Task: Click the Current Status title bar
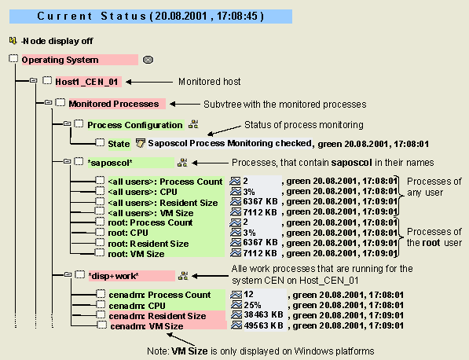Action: pyautogui.click(x=151, y=17)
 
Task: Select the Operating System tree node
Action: pyautogui.click(x=60, y=60)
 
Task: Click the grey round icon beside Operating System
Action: pyautogui.click(x=148, y=60)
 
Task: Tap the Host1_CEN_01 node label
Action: pyautogui.click(x=86, y=82)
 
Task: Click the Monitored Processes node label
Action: pyautogui.click(x=114, y=104)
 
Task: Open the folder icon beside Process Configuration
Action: pyautogui.click(x=68, y=123)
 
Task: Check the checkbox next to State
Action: pyautogui.click(x=100, y=143)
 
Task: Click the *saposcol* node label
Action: pyautogui.click(x=110, y=163)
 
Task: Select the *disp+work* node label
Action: pyautogui.click(x=114, y=276)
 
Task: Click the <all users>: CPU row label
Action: pyautogui.click(x=143, y=192)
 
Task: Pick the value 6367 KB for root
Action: pyautogui.click(x=260, y=242)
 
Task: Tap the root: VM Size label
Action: pyautogui.click(x=136, y=254)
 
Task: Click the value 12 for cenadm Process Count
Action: pyautogui.click(x=248, y=295)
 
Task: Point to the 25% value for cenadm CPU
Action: pyautogui.click(x=252, y=305)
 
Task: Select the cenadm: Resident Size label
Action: pyautogui.click(x=157, y=316)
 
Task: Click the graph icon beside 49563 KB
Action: pyautogui.click(x=236, y=325)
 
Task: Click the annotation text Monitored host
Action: pyautogui.click(x=210, y=82)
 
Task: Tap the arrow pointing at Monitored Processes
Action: pyautogui.click(x=185, y=104)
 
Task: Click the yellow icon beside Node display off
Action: pyautogui.click(x=13, y=40)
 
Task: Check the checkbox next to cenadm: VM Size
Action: pyautogui.click(x=101, y=325)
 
